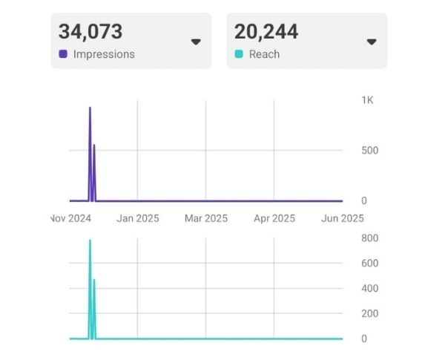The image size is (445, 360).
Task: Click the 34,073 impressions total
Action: [x=90, y=32]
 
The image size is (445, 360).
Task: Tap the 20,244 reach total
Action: [x=266, y=32]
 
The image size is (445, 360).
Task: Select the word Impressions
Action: [x=104, y=54]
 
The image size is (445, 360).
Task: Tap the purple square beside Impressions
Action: [x=63, y=54]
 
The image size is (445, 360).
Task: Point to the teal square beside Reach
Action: [x=239, y=54]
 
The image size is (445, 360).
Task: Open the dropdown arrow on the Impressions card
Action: [x=196, y=42]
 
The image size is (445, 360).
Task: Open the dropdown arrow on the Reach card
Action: [x=372, y=42]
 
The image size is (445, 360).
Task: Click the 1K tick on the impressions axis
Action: [x=367, y=100]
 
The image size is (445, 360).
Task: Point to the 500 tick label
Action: [x=369, y=151]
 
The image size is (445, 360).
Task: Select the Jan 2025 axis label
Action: [x=138, y=218]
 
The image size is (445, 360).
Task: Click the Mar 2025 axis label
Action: [x=206, y=218]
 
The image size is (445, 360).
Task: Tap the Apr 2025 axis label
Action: [x=274, y=218]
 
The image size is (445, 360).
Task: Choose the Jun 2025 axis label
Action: [x=343, y=218]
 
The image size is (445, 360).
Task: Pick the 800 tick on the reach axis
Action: [x=369, y=238]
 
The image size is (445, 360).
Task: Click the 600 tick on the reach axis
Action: [x=369, y=264]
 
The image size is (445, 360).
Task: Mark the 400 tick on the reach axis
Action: [x=369, y=289]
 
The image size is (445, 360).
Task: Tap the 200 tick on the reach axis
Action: [x=369, y=314]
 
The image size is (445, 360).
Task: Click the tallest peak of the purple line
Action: [x=90, y=108]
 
